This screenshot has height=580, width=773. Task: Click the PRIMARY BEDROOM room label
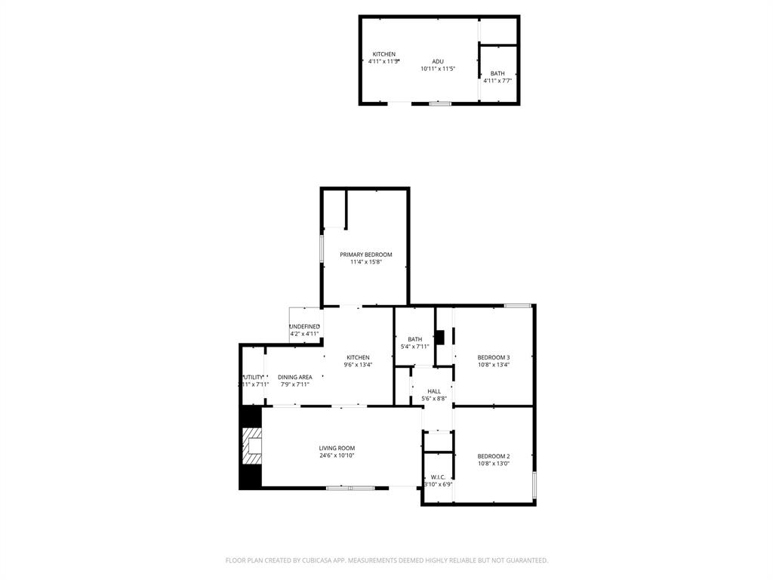click(x=366, y=255)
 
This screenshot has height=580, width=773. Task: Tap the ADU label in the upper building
click(x=438, y=61)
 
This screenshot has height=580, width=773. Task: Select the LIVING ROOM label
click(x=337, y=448)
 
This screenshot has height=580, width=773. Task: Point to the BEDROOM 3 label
click(x=494, y=357)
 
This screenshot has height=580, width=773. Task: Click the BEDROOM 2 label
click(x=494, y=456)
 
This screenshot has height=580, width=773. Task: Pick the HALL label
click(x=434, y=391)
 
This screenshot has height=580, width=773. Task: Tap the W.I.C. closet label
click(x=439, y=477)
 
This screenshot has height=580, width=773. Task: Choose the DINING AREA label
click(x=294, y=377)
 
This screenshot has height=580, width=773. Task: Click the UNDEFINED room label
click(x=305, y=326)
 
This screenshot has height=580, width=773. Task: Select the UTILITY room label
click(x=254, y=377)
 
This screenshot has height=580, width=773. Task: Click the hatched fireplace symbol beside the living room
click(x=251, y=446)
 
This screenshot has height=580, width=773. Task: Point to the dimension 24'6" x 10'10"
click(x=337, y=455)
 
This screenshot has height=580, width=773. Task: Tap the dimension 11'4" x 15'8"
click(x=366, y=262)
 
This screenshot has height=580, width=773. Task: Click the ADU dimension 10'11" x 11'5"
click(x=438, y=69)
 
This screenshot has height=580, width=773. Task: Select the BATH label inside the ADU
click(x=497, y=73)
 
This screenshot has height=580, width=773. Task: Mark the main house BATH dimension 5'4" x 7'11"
click(x=415, y=347)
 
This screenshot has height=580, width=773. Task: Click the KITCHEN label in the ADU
click(x=384, y=54)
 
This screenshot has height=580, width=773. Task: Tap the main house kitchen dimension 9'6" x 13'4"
click(x=358, y=365)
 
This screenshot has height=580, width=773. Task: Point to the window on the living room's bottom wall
click(x=350, y=488)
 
